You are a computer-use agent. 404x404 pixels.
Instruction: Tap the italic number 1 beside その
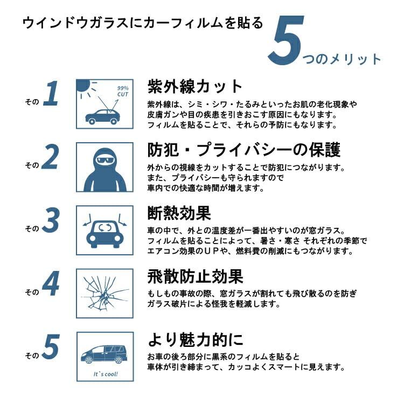click(x=52, y=93)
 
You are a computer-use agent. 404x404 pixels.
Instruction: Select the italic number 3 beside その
click(x=51, y=220)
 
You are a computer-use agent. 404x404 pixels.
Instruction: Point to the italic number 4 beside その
click(x=51, y=283)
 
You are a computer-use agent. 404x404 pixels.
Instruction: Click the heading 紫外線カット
click(x=195, y=86)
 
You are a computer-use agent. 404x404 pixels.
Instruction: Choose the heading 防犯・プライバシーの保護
click(x=244, y=149)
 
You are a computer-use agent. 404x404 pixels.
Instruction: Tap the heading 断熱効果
click(x=179, y=213)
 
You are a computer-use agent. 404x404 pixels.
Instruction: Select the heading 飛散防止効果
click(x=196, y=276)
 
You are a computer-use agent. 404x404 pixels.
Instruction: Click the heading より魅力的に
click(x=196, y=339)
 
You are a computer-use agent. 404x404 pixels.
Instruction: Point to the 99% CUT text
click(x=123, y=92)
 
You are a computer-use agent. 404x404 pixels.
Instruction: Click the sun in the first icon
click(x=83, y=85)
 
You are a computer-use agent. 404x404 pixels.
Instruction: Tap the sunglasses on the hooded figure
click(x=105, y=160)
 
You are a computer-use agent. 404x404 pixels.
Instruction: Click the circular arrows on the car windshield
click(x=105, y=227)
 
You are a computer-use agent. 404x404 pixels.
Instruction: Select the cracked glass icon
click(x=105, y=293)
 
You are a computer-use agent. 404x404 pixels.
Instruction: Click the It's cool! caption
click(x=106, y=374)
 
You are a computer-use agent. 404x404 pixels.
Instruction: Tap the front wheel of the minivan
click(x=89, y=360)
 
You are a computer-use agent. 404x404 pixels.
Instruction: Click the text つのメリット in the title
click(x=342, y=59)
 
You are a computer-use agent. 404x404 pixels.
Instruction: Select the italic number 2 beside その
click(x=50, y=157)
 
